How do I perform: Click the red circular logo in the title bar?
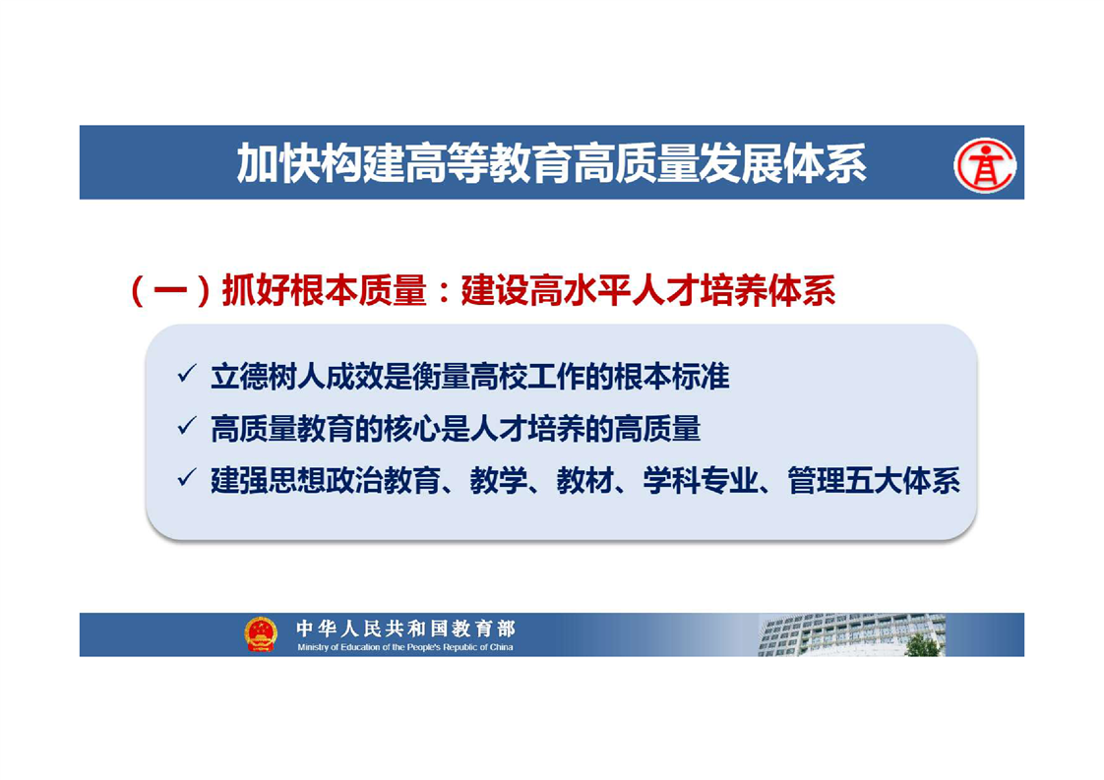coord(985,164)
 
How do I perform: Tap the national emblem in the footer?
coord(261,634)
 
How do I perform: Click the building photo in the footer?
coord(851,635)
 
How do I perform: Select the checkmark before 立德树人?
coord(187,374)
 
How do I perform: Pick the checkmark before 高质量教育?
coord(187,426)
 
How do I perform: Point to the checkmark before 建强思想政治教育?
coord(187,479)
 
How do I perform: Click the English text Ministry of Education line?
coord(404,647)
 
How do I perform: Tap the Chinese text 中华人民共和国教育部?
coord(405,628)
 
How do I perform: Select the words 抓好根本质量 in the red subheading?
coord(324,291)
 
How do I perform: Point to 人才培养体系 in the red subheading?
coord(734,291)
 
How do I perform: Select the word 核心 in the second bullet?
coord(412,429)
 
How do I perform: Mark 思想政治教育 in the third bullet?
coord(354,481)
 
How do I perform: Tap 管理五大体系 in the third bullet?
coord(874,481)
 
